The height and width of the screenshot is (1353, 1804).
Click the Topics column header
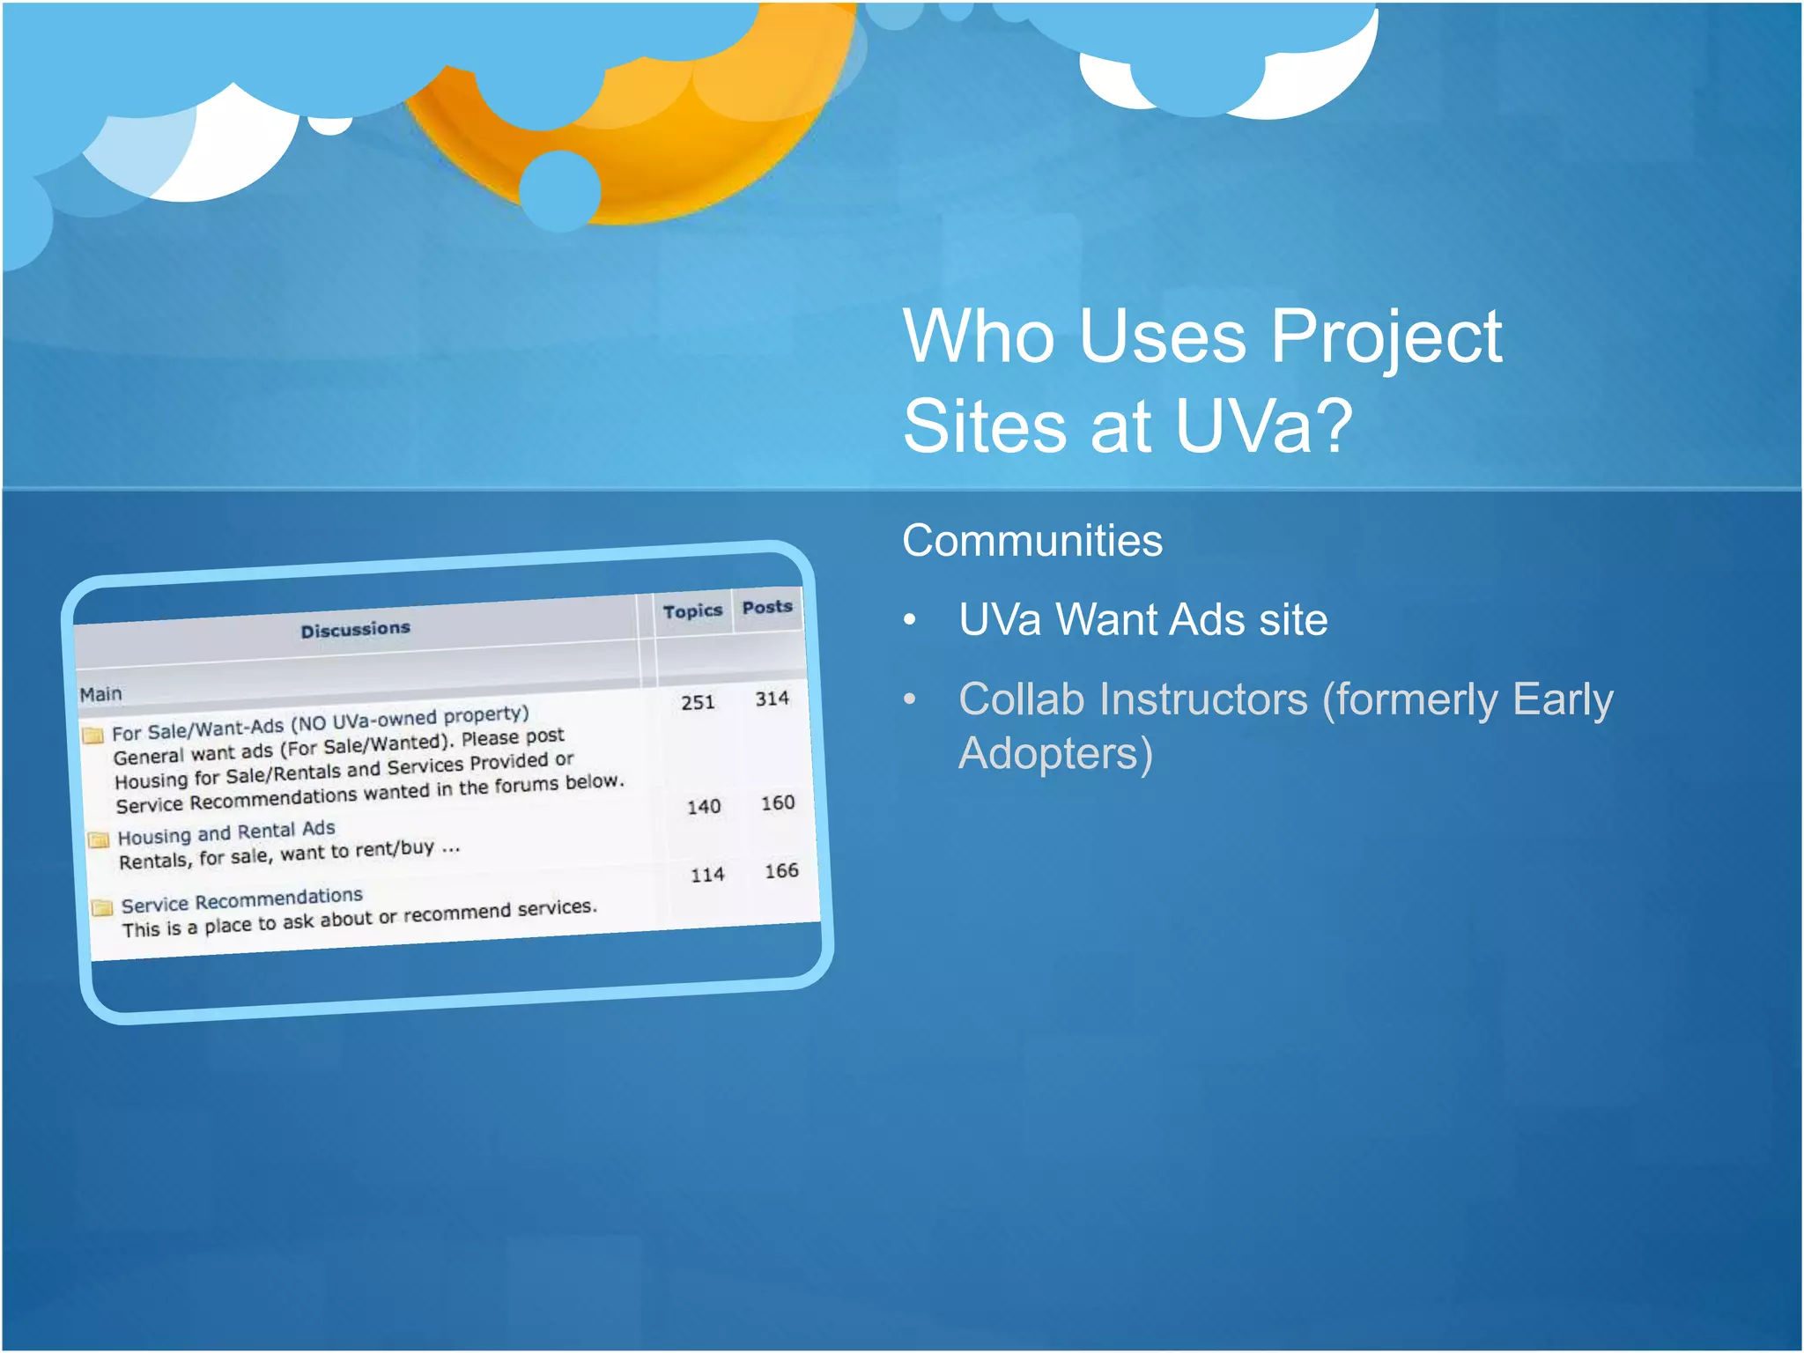tap(692, 611)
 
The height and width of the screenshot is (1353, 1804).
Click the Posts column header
tap(767, 607)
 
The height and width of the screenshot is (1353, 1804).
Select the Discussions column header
tap(356, 630)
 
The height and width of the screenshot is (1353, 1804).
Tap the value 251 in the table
tap(698, 702)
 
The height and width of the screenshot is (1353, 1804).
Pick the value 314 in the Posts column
tap(772, 699)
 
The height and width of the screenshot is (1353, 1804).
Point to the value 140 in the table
tap(704, 806)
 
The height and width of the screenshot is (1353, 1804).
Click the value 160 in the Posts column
tap(778, 802)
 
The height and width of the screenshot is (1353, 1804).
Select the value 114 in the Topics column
tap(707, 875)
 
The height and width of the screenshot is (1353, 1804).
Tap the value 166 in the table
tap(781, 870)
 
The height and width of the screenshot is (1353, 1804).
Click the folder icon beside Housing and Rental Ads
tap(99, 839)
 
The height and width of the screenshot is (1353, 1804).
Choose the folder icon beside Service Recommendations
tap(102, 906)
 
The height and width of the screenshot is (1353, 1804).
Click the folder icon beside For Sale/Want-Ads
tap(93, 735)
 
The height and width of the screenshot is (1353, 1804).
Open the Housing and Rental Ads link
tap(226, 832)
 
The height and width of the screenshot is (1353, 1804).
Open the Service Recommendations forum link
tap(242, 900)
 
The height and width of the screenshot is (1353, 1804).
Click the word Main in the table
tap(101, 694)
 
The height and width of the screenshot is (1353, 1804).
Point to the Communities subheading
tap(1032, 540)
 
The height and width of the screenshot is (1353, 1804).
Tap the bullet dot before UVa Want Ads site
tap(910, 620)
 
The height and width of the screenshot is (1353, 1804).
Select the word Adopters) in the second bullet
tap(1055, 754)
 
